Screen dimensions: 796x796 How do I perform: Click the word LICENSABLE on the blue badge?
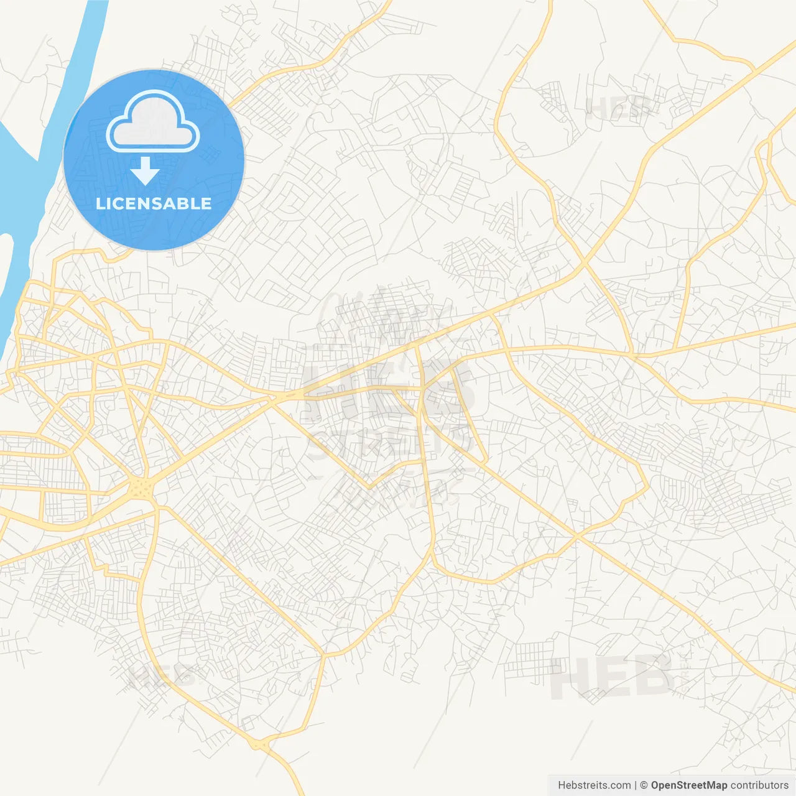point(154,203)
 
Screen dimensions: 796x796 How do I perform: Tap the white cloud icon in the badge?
point(153,122)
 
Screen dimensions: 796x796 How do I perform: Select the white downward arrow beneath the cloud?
point(146,171)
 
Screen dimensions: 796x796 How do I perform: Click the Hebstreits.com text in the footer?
point(594,785)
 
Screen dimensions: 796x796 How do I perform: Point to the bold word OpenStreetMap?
point(689,785)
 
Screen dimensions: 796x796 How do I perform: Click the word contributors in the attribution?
point(759,785)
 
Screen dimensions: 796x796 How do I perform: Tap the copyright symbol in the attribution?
point(644,785)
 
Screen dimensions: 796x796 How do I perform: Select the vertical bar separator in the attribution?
point(636,785)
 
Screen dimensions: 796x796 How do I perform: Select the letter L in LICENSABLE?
point(99,203)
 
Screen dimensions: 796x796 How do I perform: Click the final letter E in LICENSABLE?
point(206,203)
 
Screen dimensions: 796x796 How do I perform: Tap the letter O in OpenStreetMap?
point(655,785)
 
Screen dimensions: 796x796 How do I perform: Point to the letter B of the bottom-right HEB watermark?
point(652,677)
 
